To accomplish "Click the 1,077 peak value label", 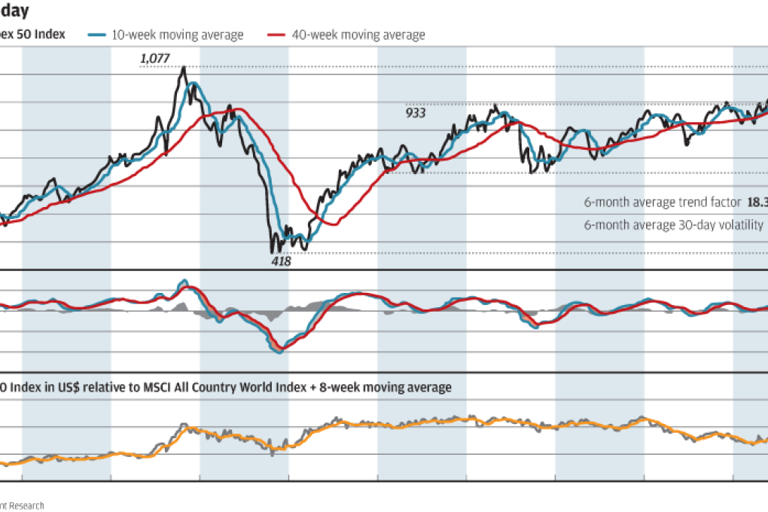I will click(157, 58).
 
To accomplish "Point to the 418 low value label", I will click(281, 261).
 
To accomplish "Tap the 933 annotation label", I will click(416, 113).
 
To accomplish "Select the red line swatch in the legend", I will click(278, 35).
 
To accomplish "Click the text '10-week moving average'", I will click(177, 35).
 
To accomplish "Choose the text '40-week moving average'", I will click(358, 35).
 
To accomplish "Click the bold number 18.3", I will click(757, 203).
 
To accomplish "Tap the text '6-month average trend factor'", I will click(662, 203).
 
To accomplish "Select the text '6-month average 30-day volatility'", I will click(673, 224).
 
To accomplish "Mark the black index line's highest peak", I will click(183, 68).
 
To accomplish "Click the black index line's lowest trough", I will click(273, 251).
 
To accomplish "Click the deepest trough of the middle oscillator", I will click(279, 351).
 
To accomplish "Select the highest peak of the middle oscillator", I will click(183, 282).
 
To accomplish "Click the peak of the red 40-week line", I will click(235, 111).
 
